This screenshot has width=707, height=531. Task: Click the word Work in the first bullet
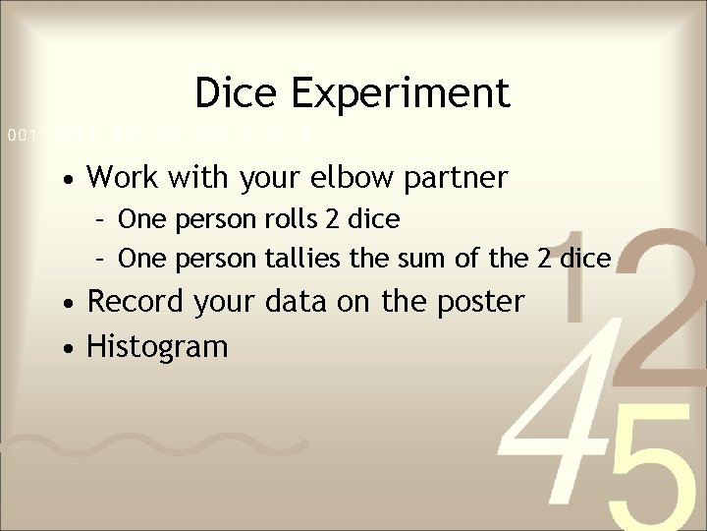(x=124, y=178)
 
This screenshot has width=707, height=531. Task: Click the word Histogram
(x=157, y=346)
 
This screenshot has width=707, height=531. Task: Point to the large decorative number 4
(x=549, y=413)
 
